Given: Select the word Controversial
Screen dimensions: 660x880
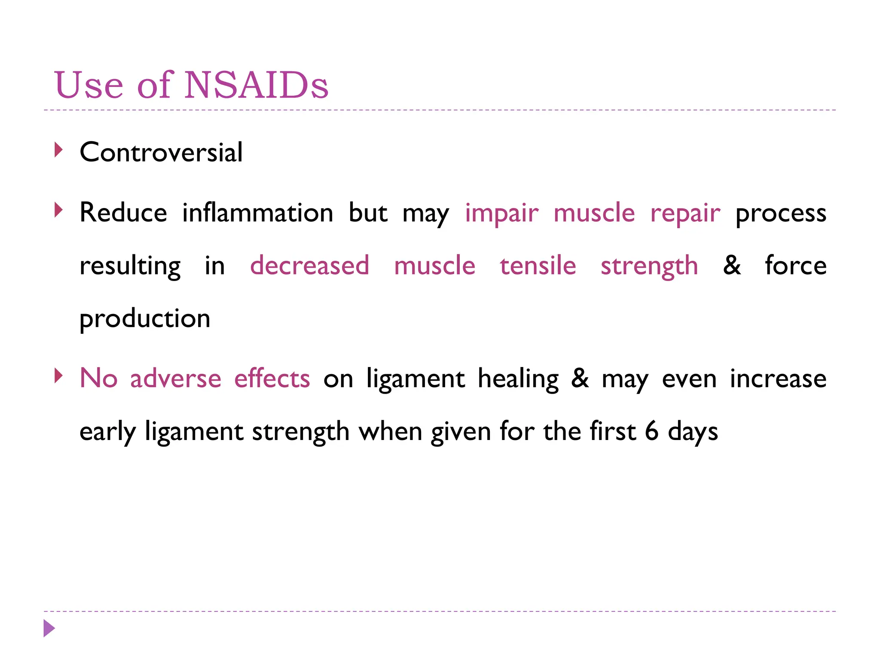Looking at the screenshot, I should tap(161, 152).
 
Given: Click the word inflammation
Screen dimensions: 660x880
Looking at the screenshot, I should tap(258, 213).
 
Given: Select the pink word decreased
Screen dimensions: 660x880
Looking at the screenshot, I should tap(309, 265).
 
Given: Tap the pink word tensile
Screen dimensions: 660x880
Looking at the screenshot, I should tap(538, 265).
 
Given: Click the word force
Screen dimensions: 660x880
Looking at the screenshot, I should tap(795, 265).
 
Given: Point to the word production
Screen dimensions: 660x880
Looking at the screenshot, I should tap(145, 319).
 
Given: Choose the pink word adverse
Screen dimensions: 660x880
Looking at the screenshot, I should tap(176, 379).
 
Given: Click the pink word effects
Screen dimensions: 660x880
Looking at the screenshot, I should tap(272, 378).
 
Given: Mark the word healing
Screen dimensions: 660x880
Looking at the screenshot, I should tap(518, 379).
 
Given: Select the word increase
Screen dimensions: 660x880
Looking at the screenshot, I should tap(778, 379).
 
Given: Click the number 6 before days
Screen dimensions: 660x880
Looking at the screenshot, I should tap(651, 431).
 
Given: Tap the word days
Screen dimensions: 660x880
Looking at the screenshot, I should tap(693, 432).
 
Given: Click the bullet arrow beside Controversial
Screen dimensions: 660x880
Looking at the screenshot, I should tap(59, 150).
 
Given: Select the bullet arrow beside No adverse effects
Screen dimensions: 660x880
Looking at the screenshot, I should tap(59, 376).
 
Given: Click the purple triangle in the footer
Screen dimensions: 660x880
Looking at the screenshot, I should tap(49, 628).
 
